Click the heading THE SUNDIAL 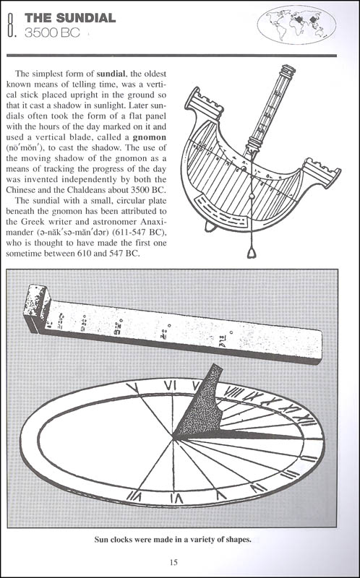click(70, 17)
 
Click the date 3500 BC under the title click(52, 33)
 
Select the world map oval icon click(296, 25)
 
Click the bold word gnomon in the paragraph click(150, 137)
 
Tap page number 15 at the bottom click(173, 562)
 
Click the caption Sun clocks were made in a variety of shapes click(173, 540)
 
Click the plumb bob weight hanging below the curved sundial click(252, 253)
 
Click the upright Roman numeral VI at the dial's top click(170, 386)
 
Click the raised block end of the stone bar click(36, 306)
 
